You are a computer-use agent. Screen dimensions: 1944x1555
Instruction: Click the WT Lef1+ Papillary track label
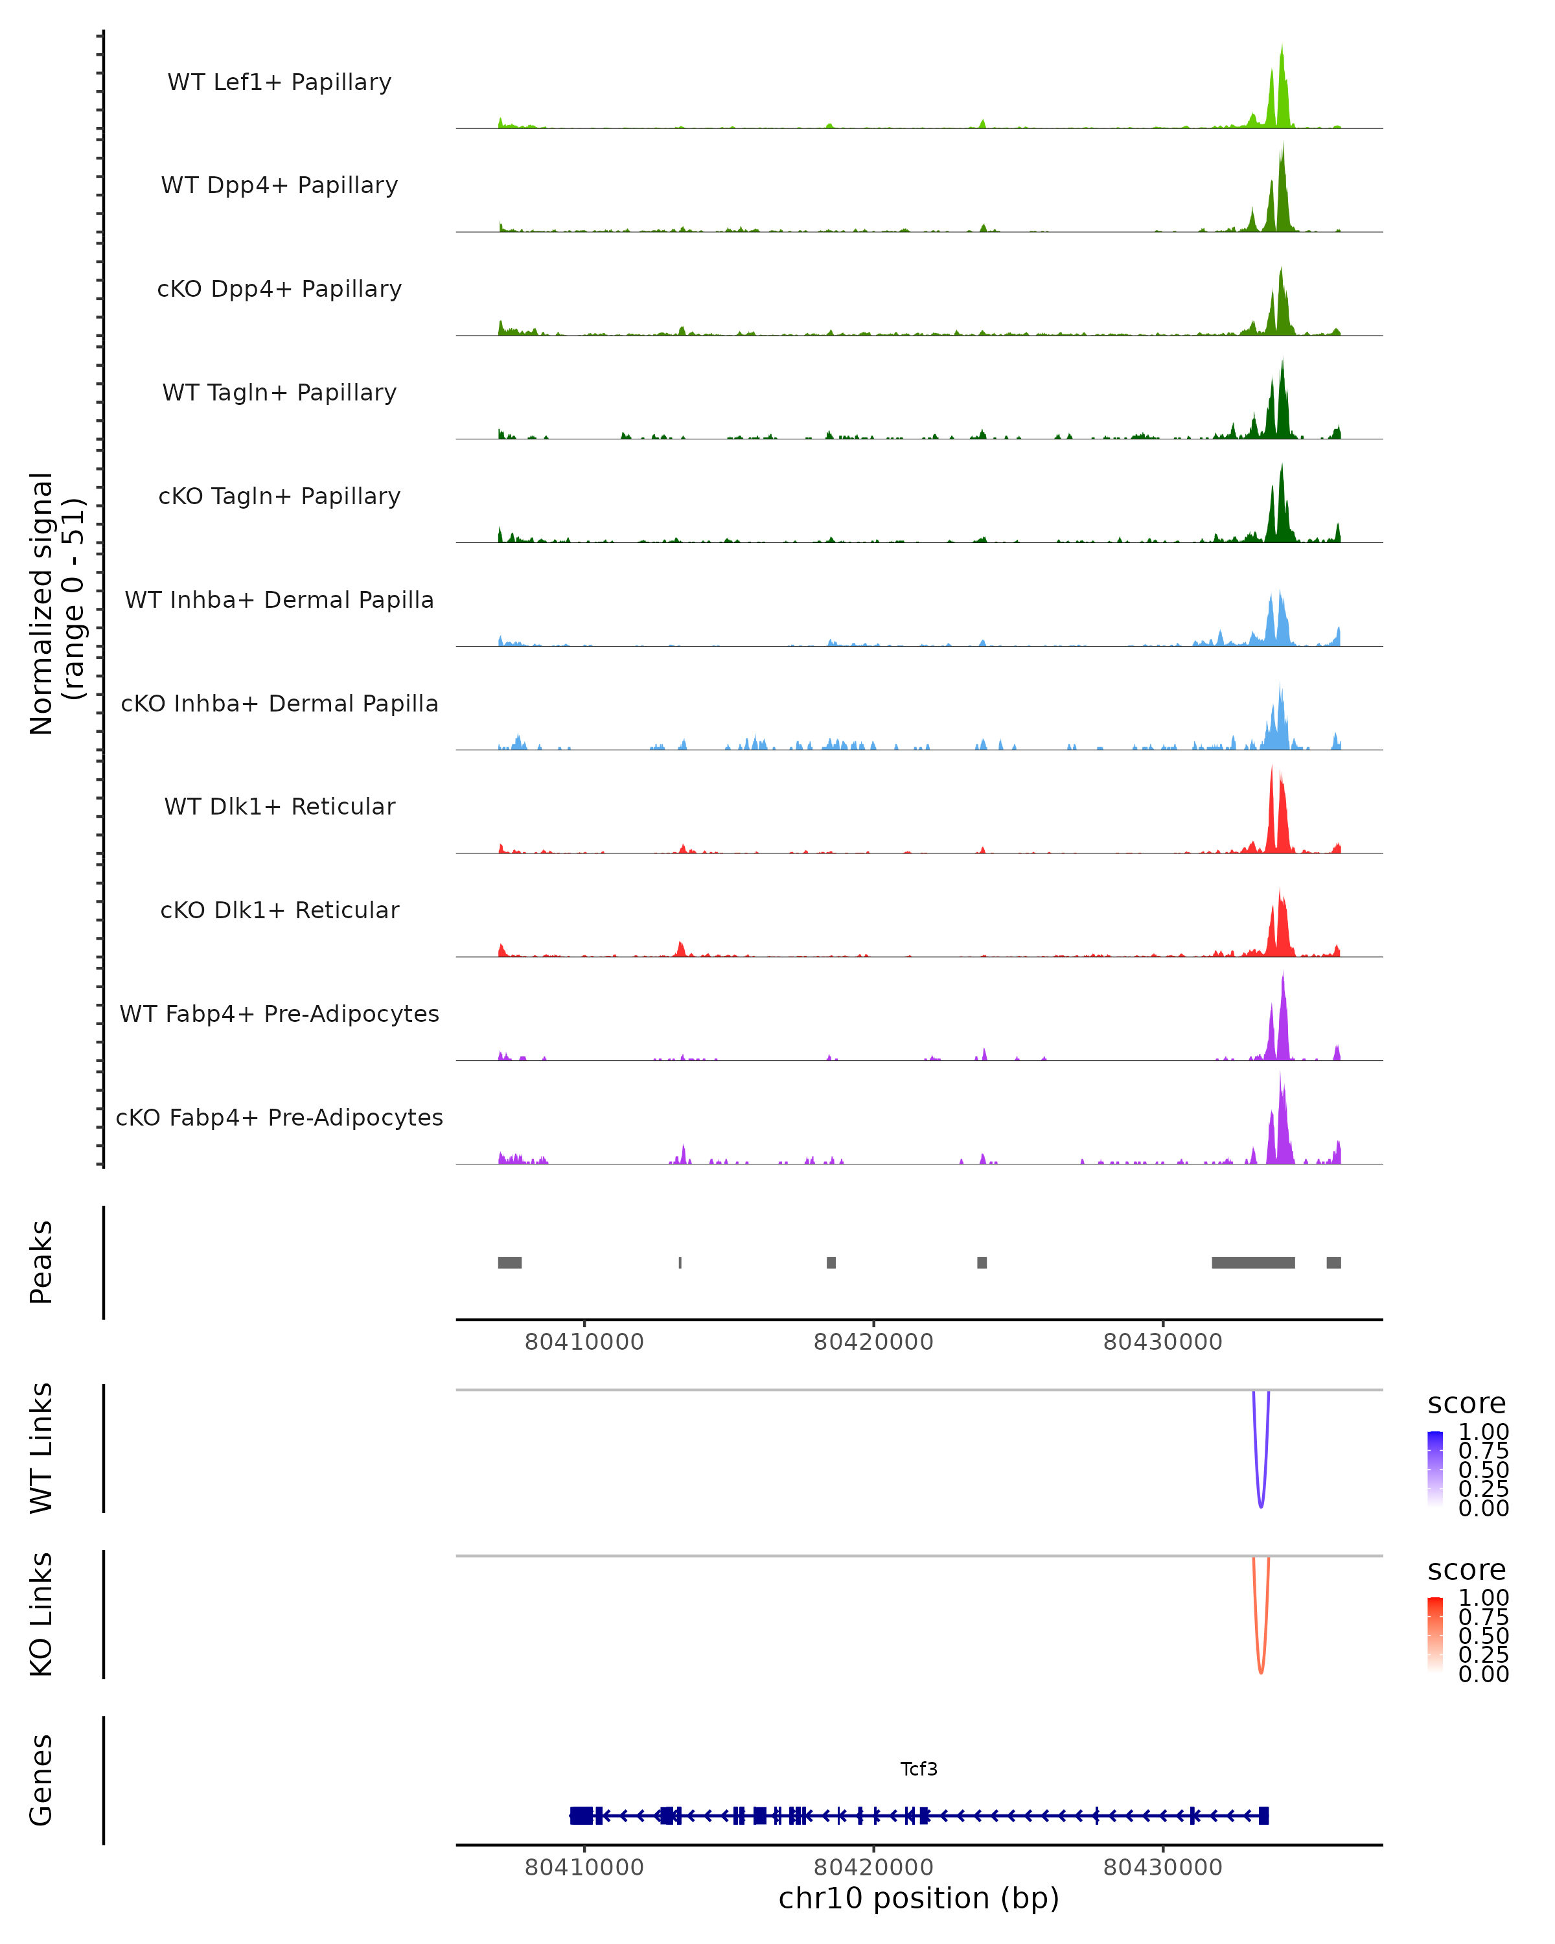[x=279, y=82]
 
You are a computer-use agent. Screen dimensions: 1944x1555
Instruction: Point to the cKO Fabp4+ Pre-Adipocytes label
[x=279, y=1118]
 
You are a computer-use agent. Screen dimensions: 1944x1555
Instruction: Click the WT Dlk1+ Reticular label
[x=279, y=807]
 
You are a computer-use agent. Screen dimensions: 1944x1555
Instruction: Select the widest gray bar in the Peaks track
[x=1253, y=1262]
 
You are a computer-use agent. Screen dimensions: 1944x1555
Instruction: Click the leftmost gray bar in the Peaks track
[x=509, y=1262]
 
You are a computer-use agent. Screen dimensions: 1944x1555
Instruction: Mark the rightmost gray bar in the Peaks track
[x=1333, y=1262]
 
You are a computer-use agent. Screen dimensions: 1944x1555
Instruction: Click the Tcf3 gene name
[x=919, y=1769]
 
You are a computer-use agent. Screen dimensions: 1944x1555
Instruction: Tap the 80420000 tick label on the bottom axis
[x=873, y=1868]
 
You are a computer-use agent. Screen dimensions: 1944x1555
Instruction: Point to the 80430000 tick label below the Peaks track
[x=1162, y=1343]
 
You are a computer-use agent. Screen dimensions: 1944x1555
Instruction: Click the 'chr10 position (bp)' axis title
[x=919, y=1899]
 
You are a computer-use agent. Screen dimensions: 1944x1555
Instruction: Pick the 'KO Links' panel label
[x=41, y=1615]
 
